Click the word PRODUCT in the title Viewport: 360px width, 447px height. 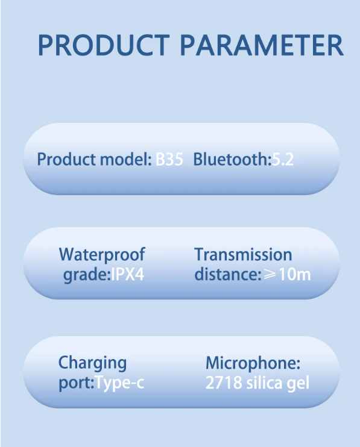(x=104, y=45)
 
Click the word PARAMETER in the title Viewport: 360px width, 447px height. (x=262, y=45)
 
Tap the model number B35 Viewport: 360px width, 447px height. (x=169, y=159)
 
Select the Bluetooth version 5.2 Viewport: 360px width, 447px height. (x=282, y=159)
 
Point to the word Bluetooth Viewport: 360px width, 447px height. (x=231, y=159)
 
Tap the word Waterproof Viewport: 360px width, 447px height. (x=102, y=255)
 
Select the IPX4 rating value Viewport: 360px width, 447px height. (x=127, y=275)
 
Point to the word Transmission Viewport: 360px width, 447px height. (x=243, y=254)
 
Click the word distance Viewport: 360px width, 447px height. (x=227, y=274)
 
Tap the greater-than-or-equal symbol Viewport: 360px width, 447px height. (x=270, y=275)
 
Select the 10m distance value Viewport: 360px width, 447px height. (x=295, y=275)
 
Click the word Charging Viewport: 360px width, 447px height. (x=92, y=363)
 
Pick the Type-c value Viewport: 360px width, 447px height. (x=119, y=383)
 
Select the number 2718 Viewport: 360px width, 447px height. (x=224, y=383)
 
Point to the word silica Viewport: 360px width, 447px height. (x=264, y=383)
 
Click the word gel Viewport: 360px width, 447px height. (x=298, y=383)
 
